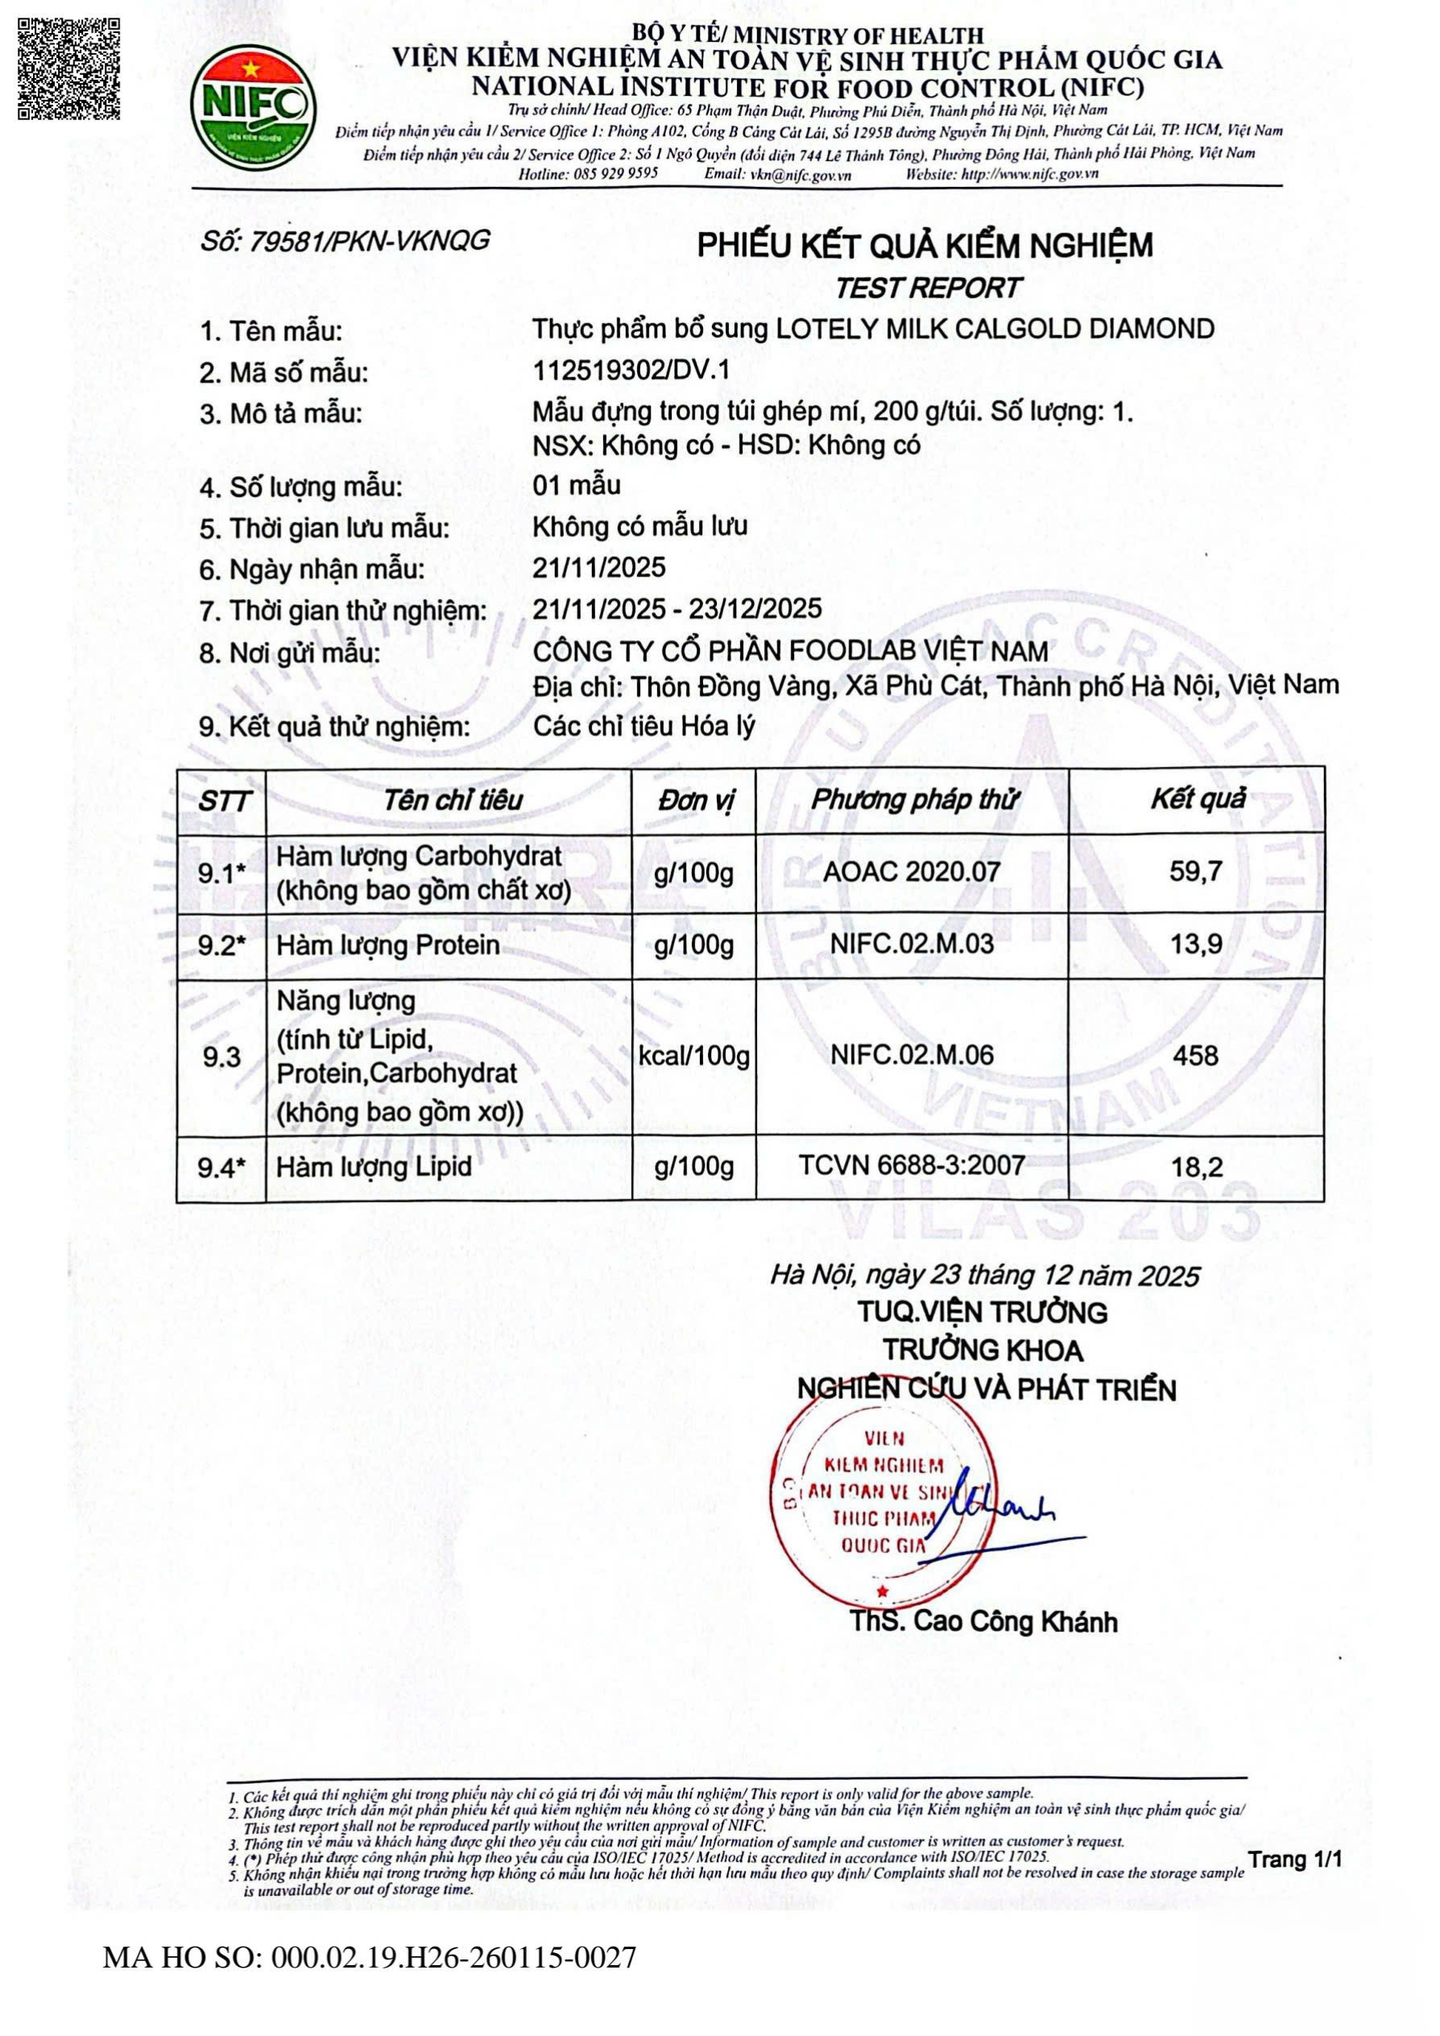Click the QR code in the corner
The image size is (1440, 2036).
tap(68, 68)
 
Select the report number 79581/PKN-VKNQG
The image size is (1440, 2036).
tap(345, 241)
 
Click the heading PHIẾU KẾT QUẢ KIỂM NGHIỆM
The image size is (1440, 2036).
tap(925, 246)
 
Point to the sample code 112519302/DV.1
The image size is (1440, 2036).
tap(631, 370)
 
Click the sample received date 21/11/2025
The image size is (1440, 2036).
tap(598, 568)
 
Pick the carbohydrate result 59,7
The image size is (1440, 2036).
tap(1195, 871)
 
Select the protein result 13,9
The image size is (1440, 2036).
tap(1195, 945)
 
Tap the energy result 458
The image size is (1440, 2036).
tap(1195, 1055)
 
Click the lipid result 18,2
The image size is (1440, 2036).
tap(1196, 1167)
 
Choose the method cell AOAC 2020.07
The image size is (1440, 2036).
tap(912, 871)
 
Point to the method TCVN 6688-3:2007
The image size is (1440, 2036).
tap(912, 1165)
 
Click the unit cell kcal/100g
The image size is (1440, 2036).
tap(693, 1055)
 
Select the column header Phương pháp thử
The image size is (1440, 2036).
tap(913, 800)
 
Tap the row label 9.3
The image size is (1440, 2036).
tap(221, 1056)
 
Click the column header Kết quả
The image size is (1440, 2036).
tap(1197, 799)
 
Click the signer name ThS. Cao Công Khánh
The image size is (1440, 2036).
tap(983, 1622)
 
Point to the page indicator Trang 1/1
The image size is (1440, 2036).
tap(1294, 1860)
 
